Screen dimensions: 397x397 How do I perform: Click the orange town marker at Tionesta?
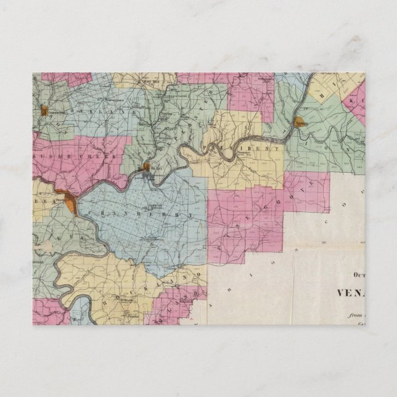pyautogui.click(x=301, y=121)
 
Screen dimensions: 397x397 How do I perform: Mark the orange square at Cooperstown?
pyautogui.click(x=44, y=112)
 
